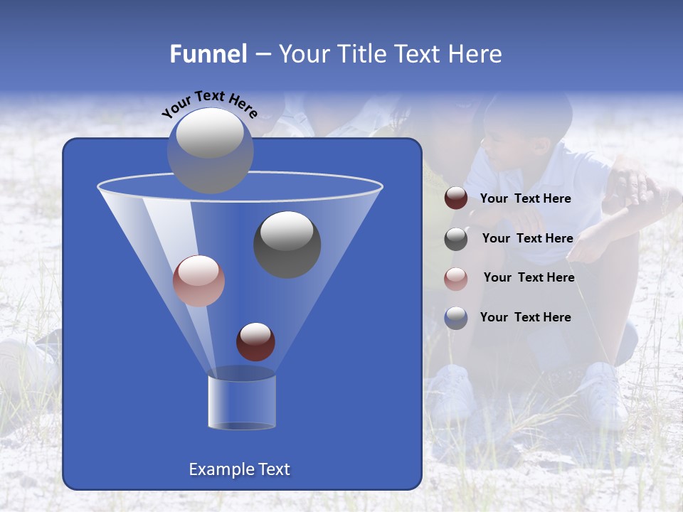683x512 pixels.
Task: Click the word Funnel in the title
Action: click(208, 54)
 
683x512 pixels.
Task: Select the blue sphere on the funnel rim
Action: click(210, 150)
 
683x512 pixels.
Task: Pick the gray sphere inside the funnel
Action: click(287, 244)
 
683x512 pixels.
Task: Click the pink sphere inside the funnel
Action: click(198, 280)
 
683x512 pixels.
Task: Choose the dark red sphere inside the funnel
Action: click(255, 341)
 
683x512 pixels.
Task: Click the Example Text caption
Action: click(240, 469)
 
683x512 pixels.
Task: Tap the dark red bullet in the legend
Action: click(456, 198)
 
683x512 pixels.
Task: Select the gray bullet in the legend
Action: click(456, 239)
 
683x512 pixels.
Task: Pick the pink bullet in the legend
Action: click(456, 278)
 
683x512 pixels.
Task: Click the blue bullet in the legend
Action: click(456, 318)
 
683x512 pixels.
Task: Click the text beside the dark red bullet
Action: click(525, 199)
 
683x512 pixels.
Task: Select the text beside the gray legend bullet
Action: click(527, 239)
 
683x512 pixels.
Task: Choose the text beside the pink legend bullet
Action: click(529, 278)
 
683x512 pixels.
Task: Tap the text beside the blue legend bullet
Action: click(525, 317)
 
